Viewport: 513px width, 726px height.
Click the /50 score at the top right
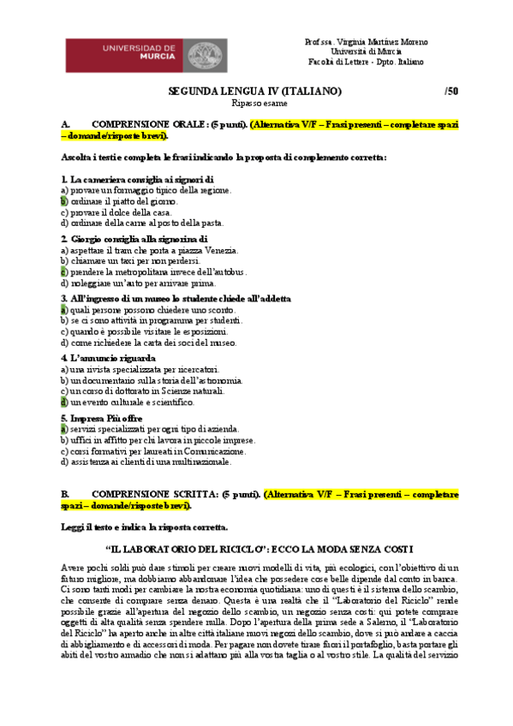coord(451,91)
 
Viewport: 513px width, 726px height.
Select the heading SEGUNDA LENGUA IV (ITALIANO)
coord(254,91)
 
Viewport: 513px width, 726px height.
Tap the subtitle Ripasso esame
coord(254,103)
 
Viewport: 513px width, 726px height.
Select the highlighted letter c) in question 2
coord(64,271)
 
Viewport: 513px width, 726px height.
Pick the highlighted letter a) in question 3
coord(64,309)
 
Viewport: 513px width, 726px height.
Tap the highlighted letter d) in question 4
coord(64,402)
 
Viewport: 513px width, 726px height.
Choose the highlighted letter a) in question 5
coord(64,428)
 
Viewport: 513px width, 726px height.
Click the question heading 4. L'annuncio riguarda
coord(109,358)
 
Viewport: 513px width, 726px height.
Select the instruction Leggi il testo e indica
coord(156,526)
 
